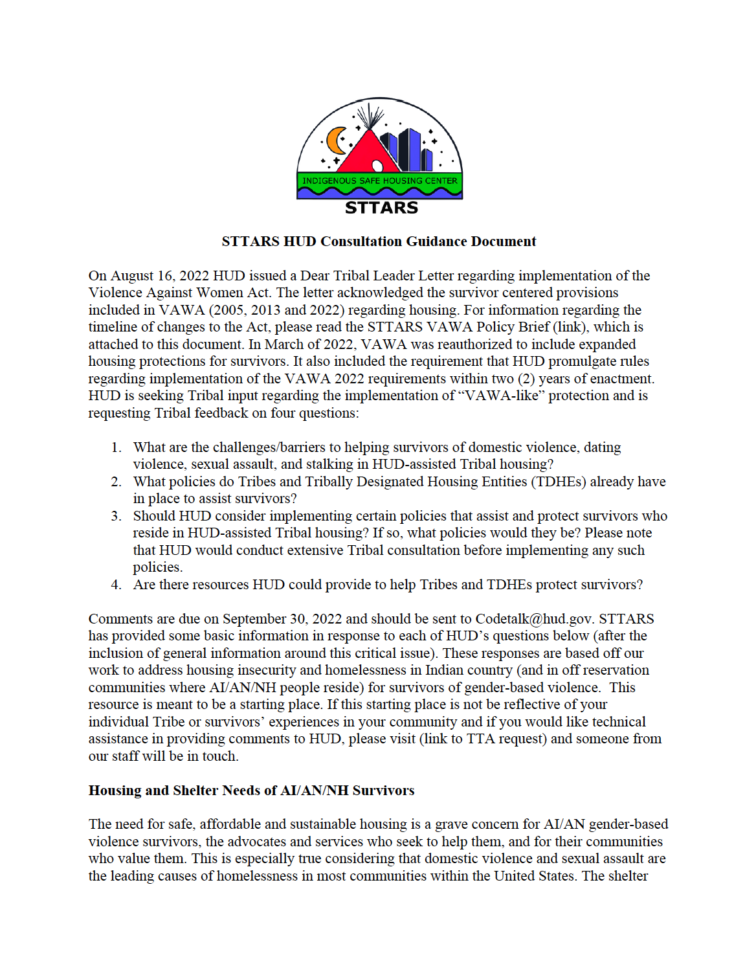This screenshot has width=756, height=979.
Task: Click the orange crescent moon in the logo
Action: pyautogui.click(x=335, y=141)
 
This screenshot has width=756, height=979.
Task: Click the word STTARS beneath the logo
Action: pyautogui.click(x=381, y=208)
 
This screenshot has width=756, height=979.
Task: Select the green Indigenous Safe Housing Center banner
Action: pyautogui.click(x=380, y=181)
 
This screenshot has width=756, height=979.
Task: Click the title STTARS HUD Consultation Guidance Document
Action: pyautogui.click(x=379, y=242)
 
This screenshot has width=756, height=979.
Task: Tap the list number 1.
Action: pyautogui.click(x=116, y=447)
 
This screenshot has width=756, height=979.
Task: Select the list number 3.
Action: pyautogui.click(x=116, y=516)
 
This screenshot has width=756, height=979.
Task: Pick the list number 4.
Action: pyautogui.click(x=116, y=585)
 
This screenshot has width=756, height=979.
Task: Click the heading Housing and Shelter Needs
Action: pyautogui.click(x=251, y=791)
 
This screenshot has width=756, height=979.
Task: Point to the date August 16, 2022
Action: pyautogui.click(x=160, y=276)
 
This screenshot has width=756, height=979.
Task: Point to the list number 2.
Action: pyautogui.click(x=116, y=482)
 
